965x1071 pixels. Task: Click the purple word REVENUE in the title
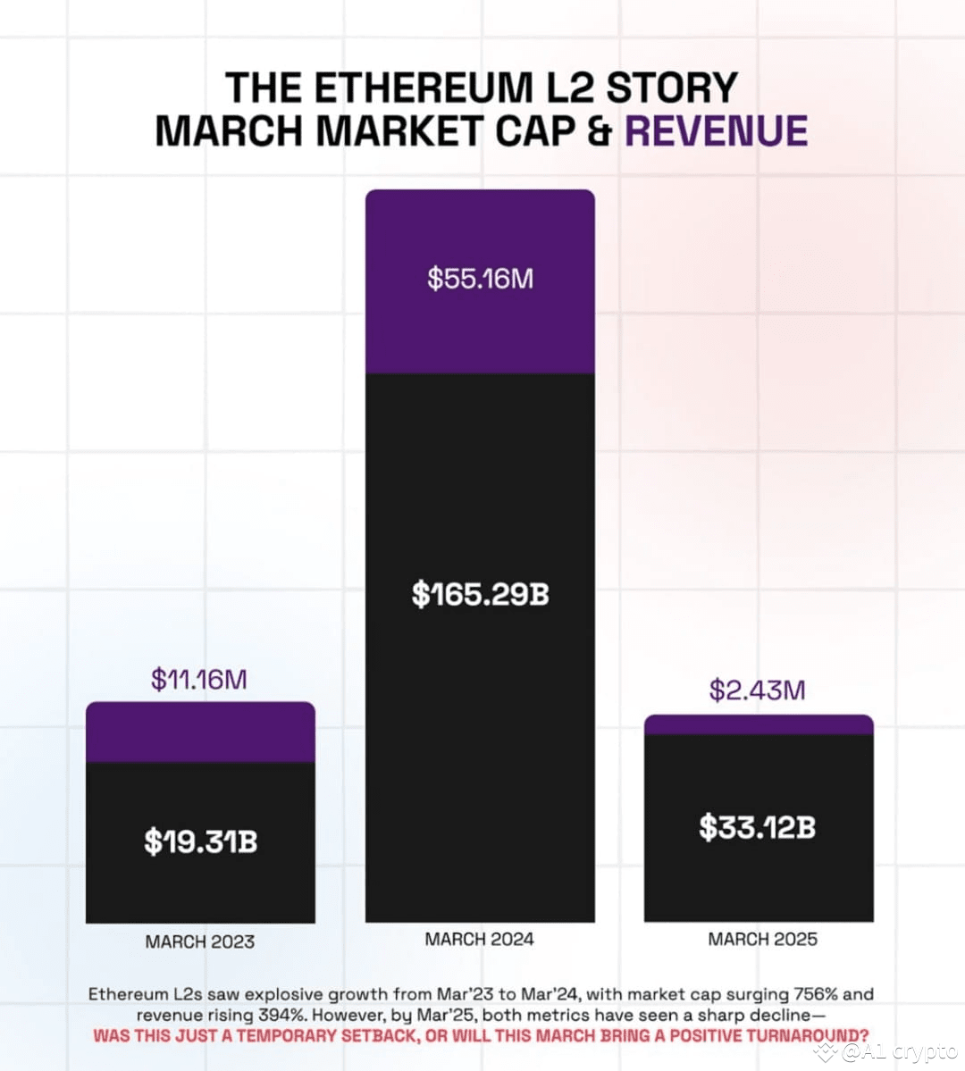point(716,131)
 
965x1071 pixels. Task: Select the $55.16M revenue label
point(480,279)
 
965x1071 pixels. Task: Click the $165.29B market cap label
point(480,594)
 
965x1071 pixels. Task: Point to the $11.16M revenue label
point(198,680)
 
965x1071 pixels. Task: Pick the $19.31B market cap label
point(200,841)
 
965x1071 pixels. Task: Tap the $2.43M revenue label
point(757,690)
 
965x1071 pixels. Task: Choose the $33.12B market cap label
point(757,827)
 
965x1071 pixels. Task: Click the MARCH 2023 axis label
point(200,941)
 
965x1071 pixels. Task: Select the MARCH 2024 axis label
point(480,939)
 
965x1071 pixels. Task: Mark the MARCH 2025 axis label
point(762,939)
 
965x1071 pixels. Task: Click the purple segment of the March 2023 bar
point(200,732)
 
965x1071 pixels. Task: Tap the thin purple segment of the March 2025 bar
point(759,724)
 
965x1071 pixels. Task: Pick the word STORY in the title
point(672,88)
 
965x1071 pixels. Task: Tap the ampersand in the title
point(600,131)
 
